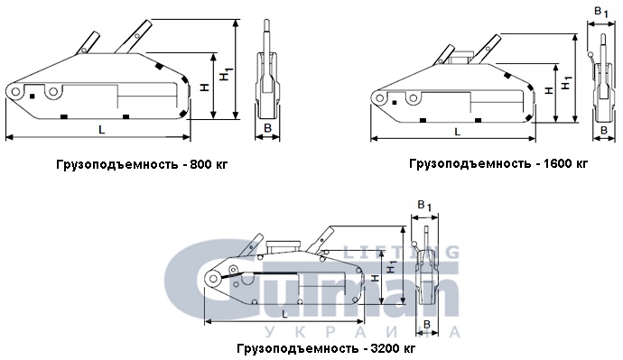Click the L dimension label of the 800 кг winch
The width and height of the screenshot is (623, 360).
pos(102,129)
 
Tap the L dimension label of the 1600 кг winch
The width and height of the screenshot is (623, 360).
pos(457,132)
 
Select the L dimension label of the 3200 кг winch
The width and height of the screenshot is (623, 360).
pos(284,314)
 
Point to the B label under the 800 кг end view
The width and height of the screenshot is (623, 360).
pos(267,128)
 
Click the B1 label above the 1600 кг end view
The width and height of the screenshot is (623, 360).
pos(601,13)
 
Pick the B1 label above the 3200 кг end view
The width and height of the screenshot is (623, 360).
pos(424,206)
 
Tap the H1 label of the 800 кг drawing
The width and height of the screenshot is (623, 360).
pos(227,74)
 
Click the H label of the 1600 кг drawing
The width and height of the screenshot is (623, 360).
pos(549,90)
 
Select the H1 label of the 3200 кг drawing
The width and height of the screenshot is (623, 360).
pos(391,266)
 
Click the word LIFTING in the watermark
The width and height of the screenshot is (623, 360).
pos(401,252)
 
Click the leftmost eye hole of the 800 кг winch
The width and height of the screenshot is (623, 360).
pos(16,92)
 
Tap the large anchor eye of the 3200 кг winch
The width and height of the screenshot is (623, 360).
pos(214,279)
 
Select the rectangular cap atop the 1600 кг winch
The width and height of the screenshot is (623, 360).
pos(460,58)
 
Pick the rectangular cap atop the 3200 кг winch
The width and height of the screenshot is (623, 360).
pos(284,246)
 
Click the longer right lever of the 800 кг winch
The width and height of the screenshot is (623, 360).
pos(133,36)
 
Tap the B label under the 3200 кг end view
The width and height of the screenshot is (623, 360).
pos(427,325)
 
